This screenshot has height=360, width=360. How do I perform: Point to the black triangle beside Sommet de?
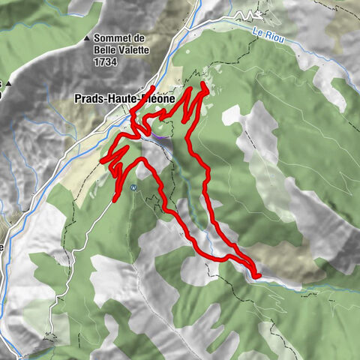[x=87, y=37]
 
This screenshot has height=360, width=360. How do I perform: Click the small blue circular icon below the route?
[x=133, y=187]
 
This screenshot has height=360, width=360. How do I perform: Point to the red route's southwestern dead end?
[x=115, y=199]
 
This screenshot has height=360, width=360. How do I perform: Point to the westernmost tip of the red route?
[x=102, y=160]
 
